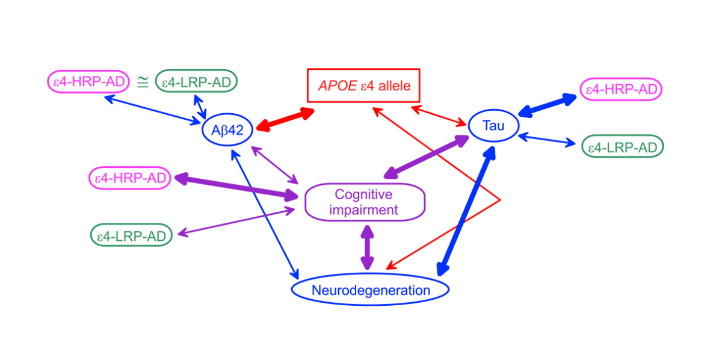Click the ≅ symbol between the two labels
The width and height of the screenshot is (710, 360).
tap(143, 82)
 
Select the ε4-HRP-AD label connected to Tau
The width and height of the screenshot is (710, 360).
tap(621, 89)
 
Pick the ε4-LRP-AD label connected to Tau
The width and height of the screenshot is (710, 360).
tap(622, 146)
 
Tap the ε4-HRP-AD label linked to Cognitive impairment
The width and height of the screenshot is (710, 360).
tap(130, 178)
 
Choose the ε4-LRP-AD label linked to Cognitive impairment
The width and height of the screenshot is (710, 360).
tap(131, 235)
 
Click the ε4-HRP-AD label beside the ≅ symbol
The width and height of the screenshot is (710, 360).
tap(89, 82)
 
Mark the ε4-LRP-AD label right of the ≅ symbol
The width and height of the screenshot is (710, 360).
tap(196, 81)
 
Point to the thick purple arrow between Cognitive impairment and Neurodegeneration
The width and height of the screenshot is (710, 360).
tap(367, 247)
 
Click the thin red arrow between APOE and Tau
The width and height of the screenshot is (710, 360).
tap(439, 115)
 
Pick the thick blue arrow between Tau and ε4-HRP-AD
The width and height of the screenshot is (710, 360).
tap(548, 105)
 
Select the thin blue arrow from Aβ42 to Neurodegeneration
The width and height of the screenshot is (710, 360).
tap(265, 214)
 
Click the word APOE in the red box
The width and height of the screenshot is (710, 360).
tap(338, 85)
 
